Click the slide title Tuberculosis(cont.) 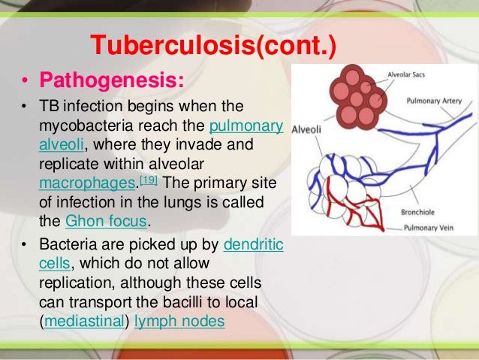(x=213, y=47)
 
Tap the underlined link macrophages (x=77, y=183)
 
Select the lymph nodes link (x=190, y=320)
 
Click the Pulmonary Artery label (x=432, y=98)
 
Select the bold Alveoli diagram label (x=308, y=128)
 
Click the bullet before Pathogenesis (x=25, y=80)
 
